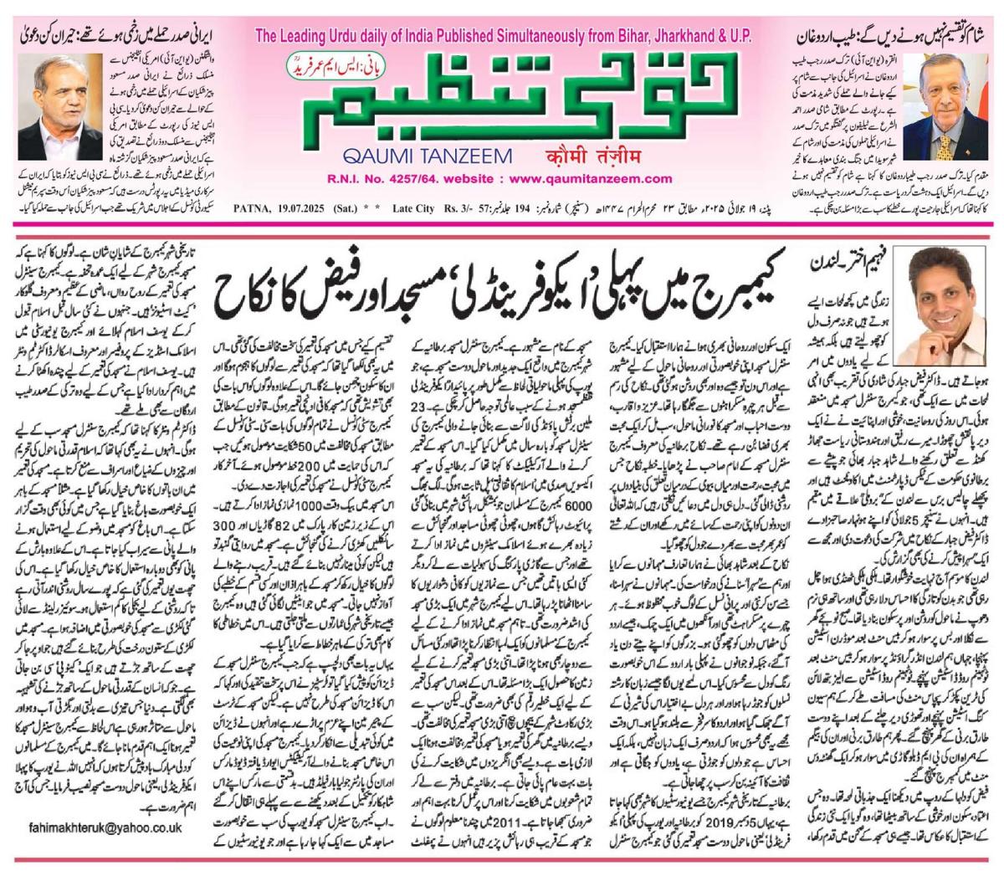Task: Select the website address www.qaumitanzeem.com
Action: point(578,178)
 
